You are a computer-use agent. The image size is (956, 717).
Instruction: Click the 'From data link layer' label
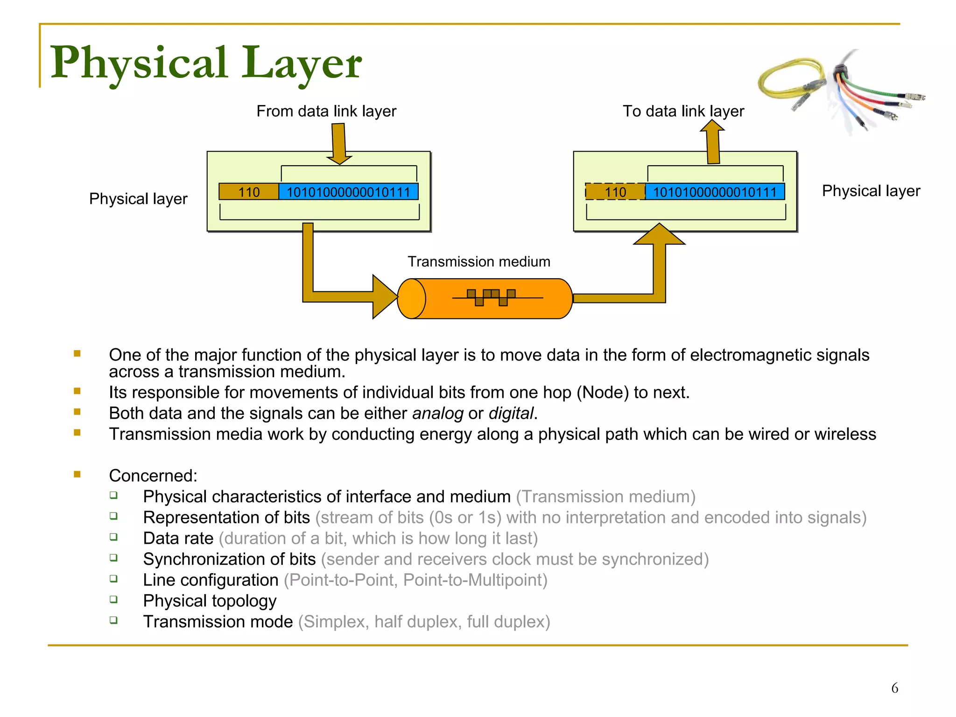click(x=326, y=111)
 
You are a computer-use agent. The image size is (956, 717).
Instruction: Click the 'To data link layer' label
click(x=683, y=111)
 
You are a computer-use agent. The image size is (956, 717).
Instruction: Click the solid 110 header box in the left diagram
click(x=249, y=192)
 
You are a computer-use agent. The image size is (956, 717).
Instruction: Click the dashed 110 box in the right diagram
click(x=615, y=192)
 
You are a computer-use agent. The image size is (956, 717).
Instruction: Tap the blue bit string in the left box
click(x=348, y=192)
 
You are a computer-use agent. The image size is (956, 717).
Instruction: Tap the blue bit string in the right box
click(x=714, y=192)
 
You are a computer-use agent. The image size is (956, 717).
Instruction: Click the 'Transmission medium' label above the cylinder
click(x=478, y=261)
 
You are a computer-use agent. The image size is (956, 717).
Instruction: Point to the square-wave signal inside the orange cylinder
click(x=492, y=297)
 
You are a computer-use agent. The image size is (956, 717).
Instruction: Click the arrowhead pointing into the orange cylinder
click(x=384, y=297)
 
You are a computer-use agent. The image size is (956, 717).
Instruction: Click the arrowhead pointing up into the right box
click(x=659, y=235)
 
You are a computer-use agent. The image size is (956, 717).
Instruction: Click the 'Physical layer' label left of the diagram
click(x=138, y=199)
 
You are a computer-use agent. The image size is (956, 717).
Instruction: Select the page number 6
click(x=894, y=688)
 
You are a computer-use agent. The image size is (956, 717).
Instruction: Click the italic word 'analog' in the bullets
click(x=437, y=414)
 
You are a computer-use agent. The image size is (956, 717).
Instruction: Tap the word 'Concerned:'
click(x=153, y=476)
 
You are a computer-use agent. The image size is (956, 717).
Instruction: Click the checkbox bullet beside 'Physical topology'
click(x=113, y=599)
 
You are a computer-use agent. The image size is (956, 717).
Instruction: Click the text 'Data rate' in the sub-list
click(x=178, y=538)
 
